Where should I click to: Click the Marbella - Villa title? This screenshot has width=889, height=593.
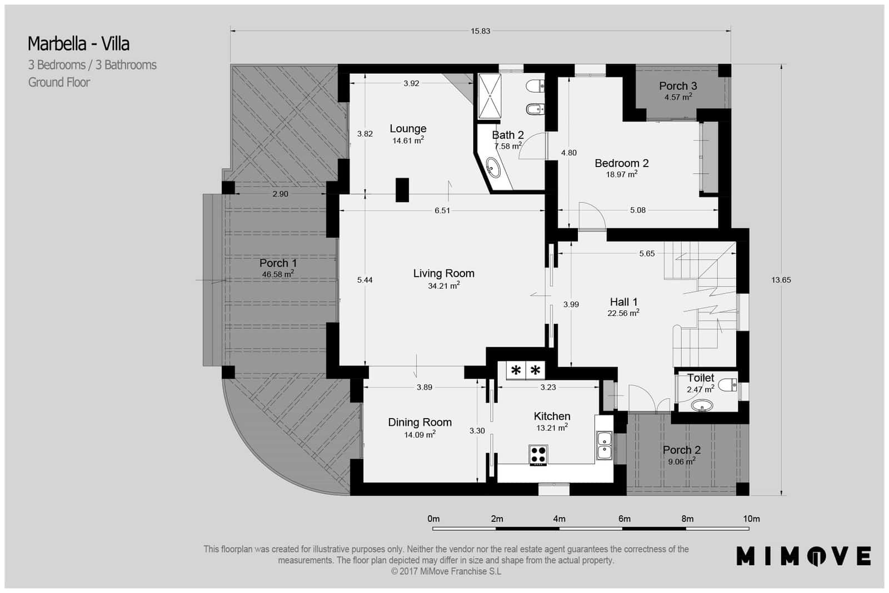point(78,43)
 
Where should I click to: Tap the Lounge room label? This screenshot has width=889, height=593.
point(408,128)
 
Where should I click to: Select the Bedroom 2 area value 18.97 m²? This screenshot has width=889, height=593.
point(621,174)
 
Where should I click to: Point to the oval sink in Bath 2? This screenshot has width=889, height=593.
point(493,167)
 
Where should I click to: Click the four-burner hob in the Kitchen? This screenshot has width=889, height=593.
point(538,455)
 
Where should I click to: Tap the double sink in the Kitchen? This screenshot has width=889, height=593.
point(604,445)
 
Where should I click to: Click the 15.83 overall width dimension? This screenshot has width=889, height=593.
point(480,31)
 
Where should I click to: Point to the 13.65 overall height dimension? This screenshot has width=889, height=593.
point(781,280)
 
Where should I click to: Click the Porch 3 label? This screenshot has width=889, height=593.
point(678,86)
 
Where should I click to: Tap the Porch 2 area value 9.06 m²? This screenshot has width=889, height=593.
point(681,461)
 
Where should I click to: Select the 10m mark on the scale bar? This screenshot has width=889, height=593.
point(751,519)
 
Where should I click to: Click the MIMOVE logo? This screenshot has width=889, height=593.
point(803,556)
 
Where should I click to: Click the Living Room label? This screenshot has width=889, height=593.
point(443,273)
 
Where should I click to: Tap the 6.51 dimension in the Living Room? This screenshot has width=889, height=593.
point(442,210)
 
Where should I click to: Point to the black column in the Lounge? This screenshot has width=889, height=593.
point(402,189)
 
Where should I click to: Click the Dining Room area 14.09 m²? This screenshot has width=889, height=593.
point(419,435)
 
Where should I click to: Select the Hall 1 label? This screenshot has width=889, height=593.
point(623,301)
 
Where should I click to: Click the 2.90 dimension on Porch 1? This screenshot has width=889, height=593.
point(280,194)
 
